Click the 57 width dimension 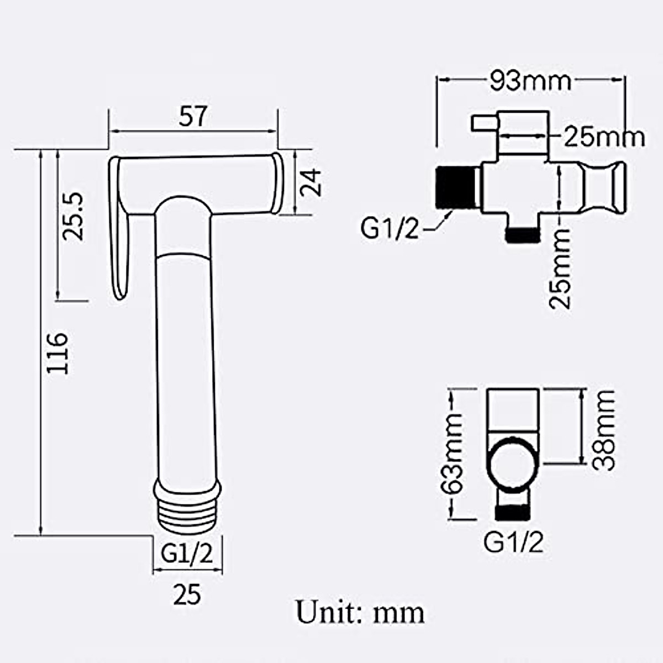pos(193,116)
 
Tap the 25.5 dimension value pos(72,215)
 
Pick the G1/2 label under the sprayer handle pos(187,554)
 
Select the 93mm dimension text pos(529,81)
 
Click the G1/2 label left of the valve pos(390,228)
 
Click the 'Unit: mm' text pos(360,612)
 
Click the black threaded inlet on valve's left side pos(455,187)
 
